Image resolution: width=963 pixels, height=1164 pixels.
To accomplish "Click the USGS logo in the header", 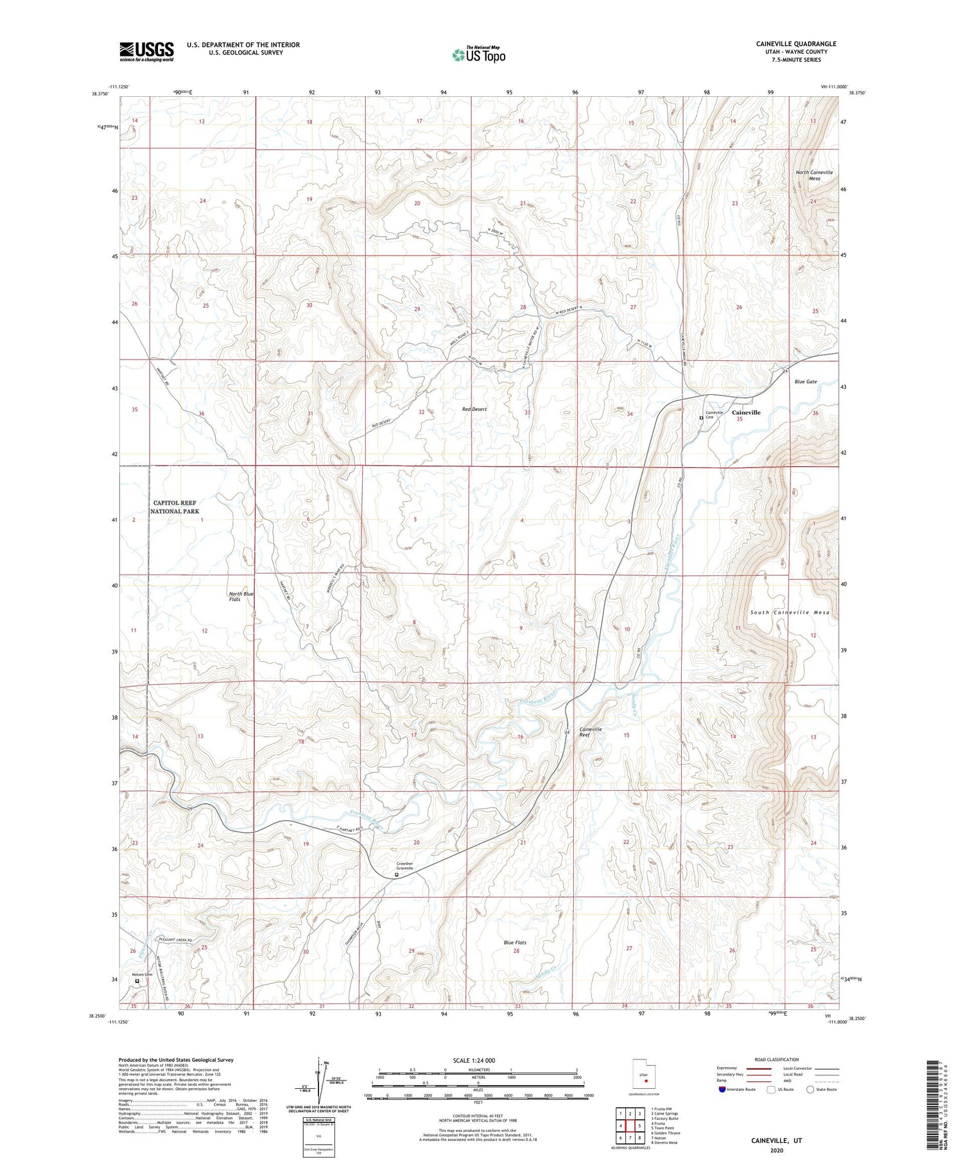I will pos(146,51).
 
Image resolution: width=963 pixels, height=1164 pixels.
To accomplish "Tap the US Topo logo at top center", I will pos(478,55).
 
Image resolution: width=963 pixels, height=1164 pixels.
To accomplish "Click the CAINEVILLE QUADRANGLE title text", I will pos(795,44).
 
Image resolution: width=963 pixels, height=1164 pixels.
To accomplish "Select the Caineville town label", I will pos(746,412).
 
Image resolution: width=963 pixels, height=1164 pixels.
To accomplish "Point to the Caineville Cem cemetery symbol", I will pos(701,418).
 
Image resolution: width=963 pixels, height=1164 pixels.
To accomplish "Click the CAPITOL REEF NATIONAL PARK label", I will pos(175,507).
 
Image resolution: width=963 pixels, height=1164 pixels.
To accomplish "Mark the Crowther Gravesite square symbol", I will pos(396,874).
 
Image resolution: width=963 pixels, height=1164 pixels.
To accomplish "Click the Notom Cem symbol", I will pos(137,981).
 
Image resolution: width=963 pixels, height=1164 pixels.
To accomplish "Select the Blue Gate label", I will pos(805,381).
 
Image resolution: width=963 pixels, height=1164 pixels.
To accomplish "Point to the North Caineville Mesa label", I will pos(814,175).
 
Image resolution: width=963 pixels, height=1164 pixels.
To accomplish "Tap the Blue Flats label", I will pos(515,942).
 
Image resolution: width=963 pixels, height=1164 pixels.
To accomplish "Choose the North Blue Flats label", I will pos(241,596).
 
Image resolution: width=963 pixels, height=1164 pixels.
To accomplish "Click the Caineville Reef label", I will pos(590,732).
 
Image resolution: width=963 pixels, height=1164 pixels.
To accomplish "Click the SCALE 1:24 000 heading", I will pos(478,1060).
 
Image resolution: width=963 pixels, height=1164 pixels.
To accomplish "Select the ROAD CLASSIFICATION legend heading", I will pos(777,1059).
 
